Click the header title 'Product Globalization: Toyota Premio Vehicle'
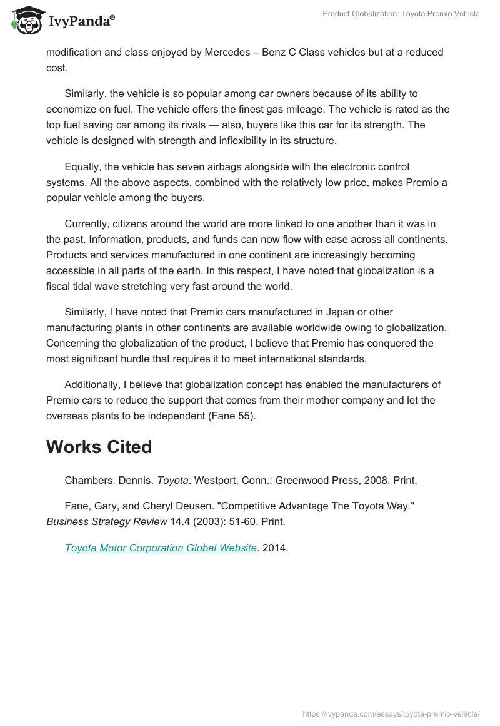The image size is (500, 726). [x=401, y=14]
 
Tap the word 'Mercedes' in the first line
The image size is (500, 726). [x=226, y=52]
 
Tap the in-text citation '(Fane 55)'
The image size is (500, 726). [x=233, y=416]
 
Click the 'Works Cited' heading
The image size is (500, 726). [x=99, y=447]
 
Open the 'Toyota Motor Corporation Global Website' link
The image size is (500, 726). [x=161, y=548]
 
